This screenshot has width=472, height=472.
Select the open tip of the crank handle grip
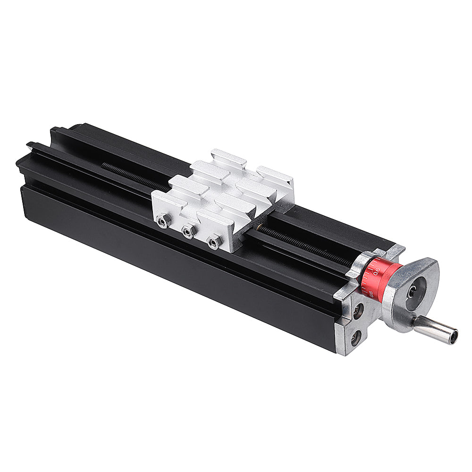[x=454, y=336]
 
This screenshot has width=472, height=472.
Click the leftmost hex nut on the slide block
[x=163, y=220]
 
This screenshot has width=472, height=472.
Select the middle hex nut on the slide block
[x=189, y=231]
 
